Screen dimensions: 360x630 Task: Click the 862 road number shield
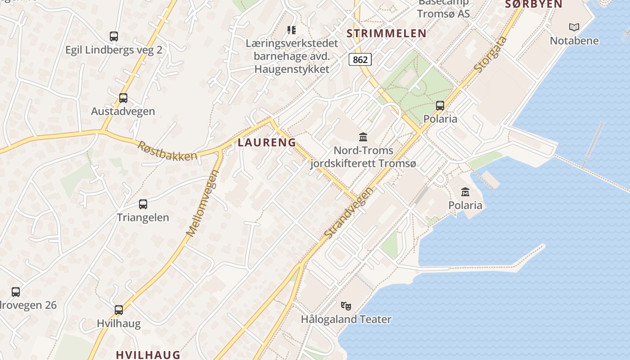(x=360, y=59)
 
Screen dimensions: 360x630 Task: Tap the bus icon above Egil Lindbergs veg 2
(x=114, y=36)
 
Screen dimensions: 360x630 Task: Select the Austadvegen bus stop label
(x=123, y=111)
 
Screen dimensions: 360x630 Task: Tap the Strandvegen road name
(x=349, y=213)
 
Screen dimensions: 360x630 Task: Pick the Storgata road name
(x=491, y=54)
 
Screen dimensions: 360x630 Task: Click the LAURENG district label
(x=267, y=143)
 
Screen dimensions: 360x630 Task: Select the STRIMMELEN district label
(x=387, y=33)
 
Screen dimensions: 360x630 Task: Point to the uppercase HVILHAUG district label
(x=148, y=355)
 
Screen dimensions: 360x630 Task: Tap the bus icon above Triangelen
(x=143, y=204)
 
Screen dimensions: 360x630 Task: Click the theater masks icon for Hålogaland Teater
(x=346, y=306)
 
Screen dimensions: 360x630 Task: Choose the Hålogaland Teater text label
(x=346, y=319)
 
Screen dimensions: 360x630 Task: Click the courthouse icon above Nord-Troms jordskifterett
(x=363, y=137)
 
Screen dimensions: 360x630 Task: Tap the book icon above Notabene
(x=574, y=27)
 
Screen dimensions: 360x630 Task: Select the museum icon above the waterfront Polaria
(x=465, y=192)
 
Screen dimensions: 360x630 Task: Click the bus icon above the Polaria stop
(x=440, y=106)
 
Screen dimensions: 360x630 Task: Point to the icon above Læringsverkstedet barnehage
(x=292, y=30)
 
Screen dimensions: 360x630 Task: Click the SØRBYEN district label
(x=534, y=4)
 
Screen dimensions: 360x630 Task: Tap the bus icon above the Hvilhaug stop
(x=119, y=310)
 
